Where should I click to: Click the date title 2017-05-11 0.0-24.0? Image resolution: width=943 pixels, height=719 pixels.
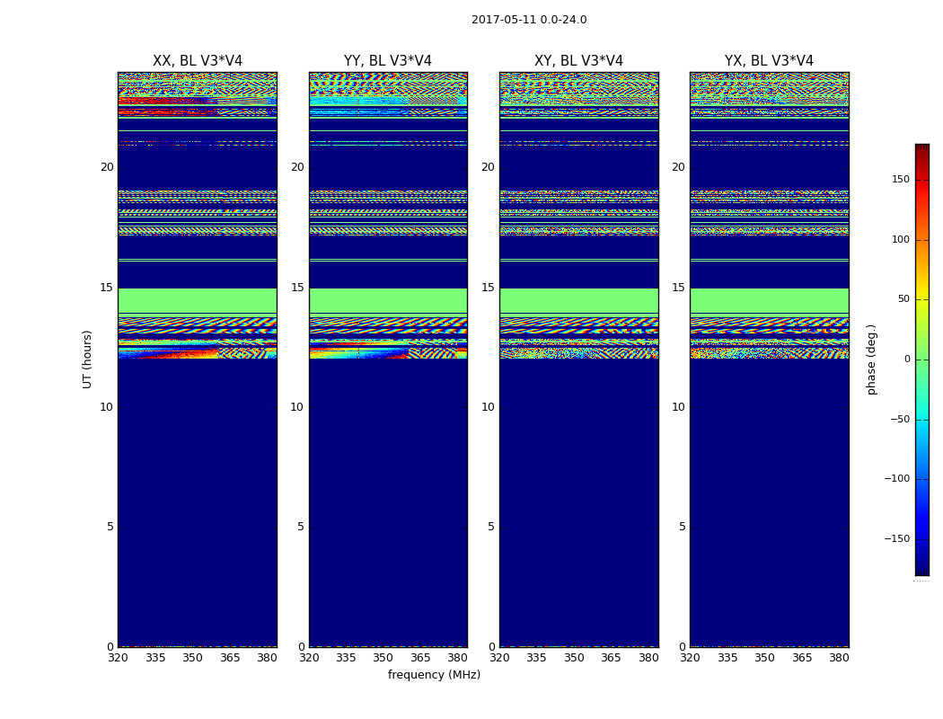[529, 20]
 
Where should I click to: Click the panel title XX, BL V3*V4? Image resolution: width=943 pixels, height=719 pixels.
[198, 61]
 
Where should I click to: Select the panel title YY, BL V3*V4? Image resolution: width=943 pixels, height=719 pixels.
[388, 61]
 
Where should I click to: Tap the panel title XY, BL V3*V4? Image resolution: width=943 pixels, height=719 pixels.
[578, 61]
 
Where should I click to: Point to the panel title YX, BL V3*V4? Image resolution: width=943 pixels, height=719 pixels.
[769, 61]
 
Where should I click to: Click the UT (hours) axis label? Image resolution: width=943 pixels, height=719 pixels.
[87, 359]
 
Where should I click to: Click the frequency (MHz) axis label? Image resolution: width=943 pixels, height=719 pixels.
[434, 675]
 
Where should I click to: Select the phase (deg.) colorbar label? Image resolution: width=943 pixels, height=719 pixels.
[872, 359]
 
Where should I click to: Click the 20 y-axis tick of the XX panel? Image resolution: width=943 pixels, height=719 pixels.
[107, 167]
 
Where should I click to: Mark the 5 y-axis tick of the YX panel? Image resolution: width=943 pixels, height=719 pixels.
[683, 527]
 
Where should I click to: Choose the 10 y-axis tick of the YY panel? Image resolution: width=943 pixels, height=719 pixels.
[297, 407]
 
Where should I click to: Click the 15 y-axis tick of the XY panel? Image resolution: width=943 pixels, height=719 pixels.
[488, 288]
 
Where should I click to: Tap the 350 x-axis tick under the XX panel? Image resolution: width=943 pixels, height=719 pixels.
[193, 658]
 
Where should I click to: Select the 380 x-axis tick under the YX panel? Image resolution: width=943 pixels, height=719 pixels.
[839, 658]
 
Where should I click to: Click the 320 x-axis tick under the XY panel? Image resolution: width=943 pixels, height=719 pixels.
[500, 658]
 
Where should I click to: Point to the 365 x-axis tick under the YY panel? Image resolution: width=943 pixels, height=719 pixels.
[421, 658]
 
